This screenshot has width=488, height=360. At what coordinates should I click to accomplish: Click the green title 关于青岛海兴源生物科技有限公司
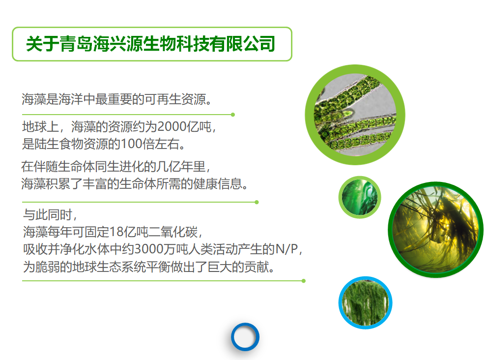click(x=151, y=44)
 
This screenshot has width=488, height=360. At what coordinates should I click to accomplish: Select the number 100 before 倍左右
click(x=131, y=144)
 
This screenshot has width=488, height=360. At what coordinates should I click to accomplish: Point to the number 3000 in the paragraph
click(x=148, y=249)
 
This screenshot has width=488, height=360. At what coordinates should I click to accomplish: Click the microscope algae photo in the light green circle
click(x=355, y=115)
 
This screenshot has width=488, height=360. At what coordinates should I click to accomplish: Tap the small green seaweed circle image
click(x=359, y=197)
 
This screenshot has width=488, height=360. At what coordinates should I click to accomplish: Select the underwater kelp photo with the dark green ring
click(x=436, y=230)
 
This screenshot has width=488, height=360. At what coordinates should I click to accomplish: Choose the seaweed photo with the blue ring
click(x=365, y=302)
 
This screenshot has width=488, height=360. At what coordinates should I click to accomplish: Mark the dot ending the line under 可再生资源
click(x=233, y=115)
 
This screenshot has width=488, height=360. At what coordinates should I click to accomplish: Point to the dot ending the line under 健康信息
click(x=257, y=202)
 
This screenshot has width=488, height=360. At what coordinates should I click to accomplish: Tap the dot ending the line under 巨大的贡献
click(x=304, y=281)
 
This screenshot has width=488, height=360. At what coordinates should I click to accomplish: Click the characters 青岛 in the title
click(x=76, y=44)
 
